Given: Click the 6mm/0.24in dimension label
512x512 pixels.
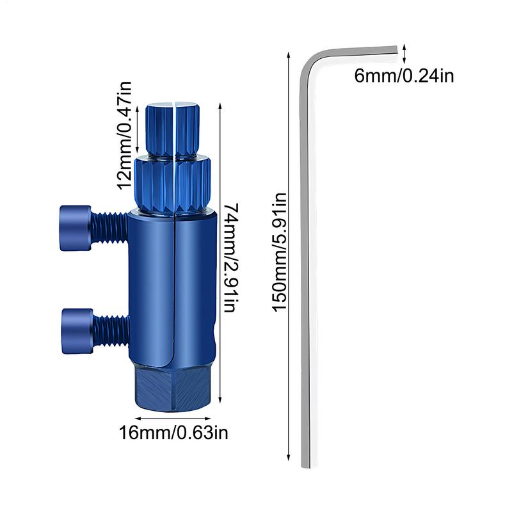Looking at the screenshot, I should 404,76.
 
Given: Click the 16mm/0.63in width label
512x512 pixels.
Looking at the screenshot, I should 173,433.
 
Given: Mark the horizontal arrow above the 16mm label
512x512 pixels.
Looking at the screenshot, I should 174,419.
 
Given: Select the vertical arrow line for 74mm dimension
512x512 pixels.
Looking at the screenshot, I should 220,256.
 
